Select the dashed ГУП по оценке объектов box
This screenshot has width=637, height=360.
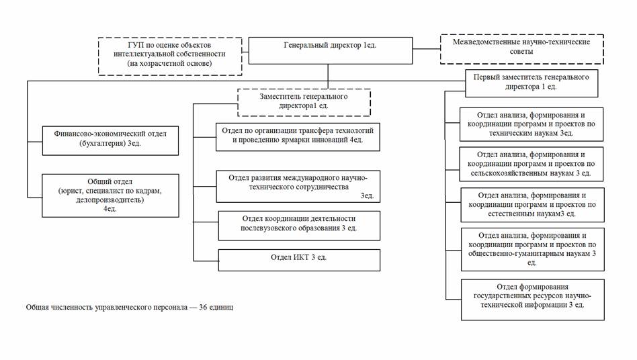[x=169, y=56]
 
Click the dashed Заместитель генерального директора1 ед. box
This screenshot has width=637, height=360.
[x=304, y=102]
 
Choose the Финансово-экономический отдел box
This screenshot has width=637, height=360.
[x=110, y=139]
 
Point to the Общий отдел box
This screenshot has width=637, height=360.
[x=110, y=195]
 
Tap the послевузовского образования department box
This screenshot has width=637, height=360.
[x=299, y=224]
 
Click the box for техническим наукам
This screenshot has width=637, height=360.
[x=531, y=124]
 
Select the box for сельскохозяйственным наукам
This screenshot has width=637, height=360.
[x=531, y=165]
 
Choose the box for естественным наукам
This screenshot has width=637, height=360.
[x=531, y=205]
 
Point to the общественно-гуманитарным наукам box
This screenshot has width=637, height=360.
[x=531, y=249]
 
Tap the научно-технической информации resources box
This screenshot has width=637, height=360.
[x=531, y=298]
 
